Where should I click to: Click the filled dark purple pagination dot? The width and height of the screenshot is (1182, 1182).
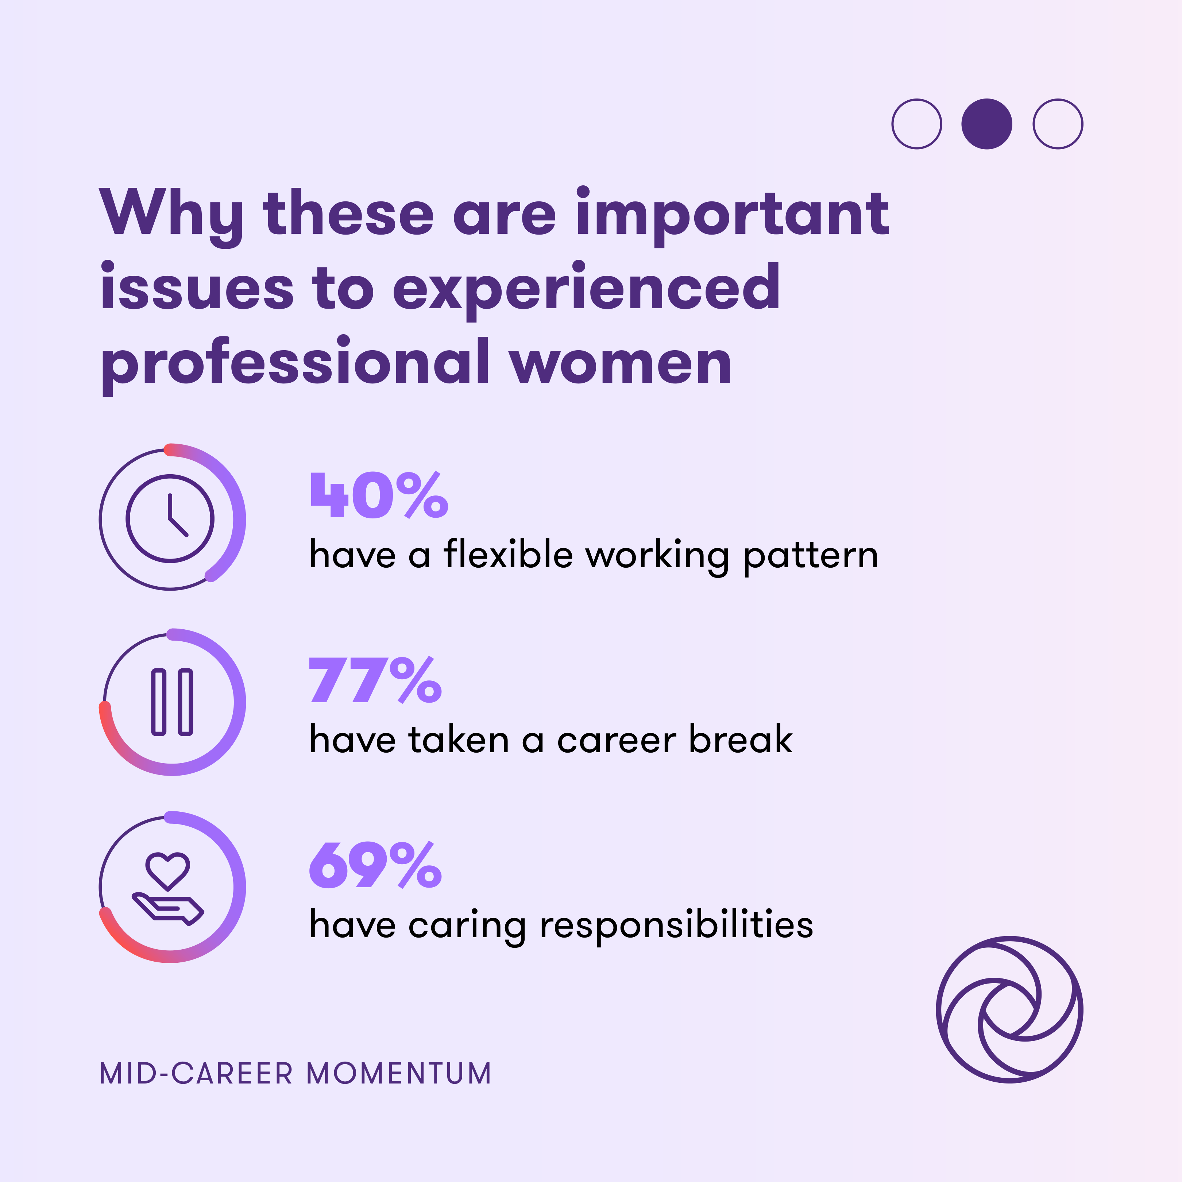pyautogui.click(x=986, y=124)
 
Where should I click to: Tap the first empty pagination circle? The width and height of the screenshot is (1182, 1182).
pyautogui.click(x=916, y=124)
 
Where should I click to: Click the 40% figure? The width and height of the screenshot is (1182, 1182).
pyautogui.click(x=379, y=495)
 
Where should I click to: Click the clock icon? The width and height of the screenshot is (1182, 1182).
pyautogui.click(x=170, y=518)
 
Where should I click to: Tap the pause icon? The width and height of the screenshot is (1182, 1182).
pyautogui.click(x=172, y=702)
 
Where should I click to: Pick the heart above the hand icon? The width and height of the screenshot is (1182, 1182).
pyautogui.click(x=167, y=870)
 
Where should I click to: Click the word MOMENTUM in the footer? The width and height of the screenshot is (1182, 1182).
pyautogui.click(x=399, y=1074)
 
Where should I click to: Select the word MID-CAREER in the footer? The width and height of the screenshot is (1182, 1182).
pyautogui.click(x=196, y=1074)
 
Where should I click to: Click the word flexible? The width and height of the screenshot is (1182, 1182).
pyautogui.click(x=508, y=555)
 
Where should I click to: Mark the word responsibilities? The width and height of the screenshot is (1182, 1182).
pyautogui.click(x=676, y=925)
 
